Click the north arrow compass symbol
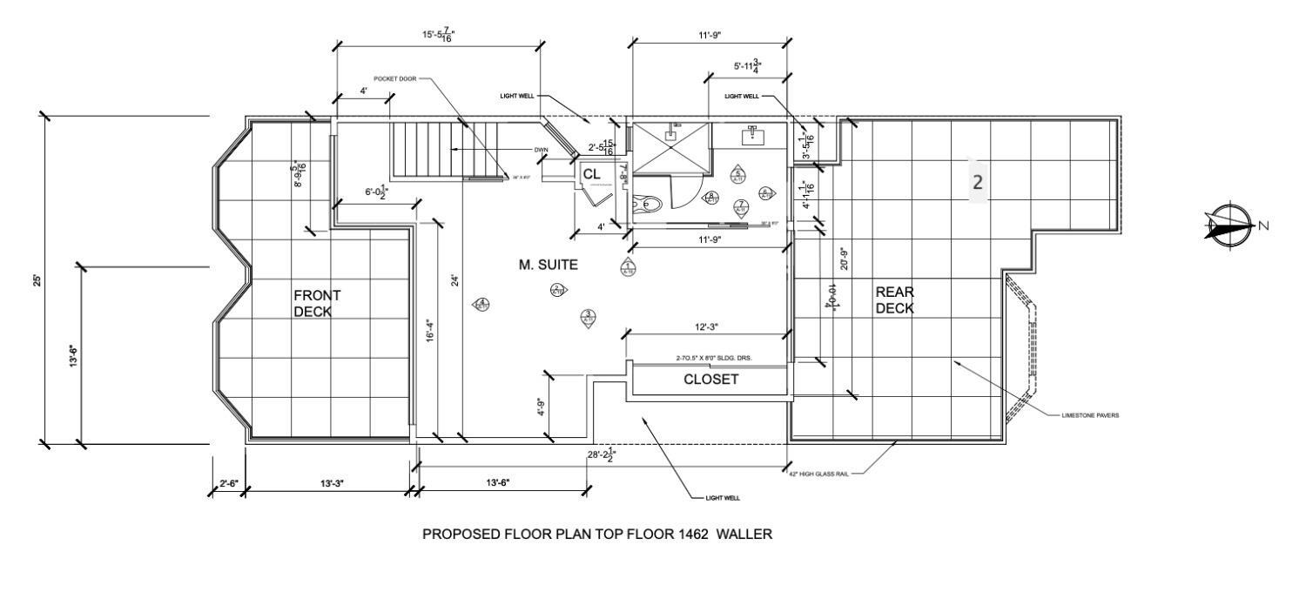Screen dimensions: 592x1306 point(1229,225)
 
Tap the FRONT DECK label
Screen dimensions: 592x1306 point(317,303)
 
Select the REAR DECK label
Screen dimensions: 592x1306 point(894,300)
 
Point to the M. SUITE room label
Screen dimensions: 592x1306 point(549,265)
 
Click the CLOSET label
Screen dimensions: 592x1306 point(710,380)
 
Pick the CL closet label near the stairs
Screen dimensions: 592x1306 point(591,174)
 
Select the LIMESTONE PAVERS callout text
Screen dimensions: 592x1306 point(1090,416)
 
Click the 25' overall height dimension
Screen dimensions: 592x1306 point(37,280)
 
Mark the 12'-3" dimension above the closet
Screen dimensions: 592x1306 point(706,326)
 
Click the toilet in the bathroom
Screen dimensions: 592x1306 point(648,204)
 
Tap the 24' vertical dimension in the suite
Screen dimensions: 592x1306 point(454,280)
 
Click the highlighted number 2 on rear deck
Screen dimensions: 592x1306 point(978,182)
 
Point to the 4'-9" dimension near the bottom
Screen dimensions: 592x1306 point(540,407)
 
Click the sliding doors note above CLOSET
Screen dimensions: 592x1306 point(709,358)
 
